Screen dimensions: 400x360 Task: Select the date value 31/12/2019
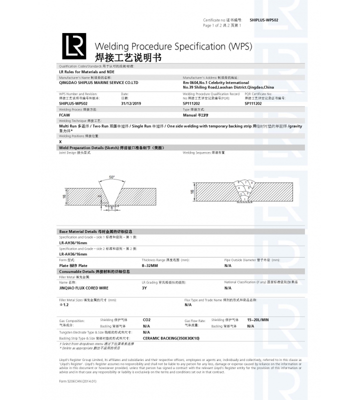click(x=132, y=103)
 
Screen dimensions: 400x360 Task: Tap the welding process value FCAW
click(x=64, y=115)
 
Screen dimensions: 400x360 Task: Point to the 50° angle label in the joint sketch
click(x=111, y=177)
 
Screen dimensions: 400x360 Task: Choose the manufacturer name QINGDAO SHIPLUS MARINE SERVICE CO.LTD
click(x=98, y=82)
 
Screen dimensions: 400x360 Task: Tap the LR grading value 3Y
click(x=144, y=288)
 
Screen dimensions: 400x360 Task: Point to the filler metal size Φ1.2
click(x=64, y=304)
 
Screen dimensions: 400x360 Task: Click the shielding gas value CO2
click(x=147, y=319)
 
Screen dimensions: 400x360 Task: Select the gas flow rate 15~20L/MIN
click(x=258, y=319)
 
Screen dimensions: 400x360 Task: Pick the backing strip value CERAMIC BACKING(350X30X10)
click(x=171, y=338)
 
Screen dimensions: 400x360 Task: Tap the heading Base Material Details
click(x=95, y=232)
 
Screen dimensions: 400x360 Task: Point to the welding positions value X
click(x=60, y=142)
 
